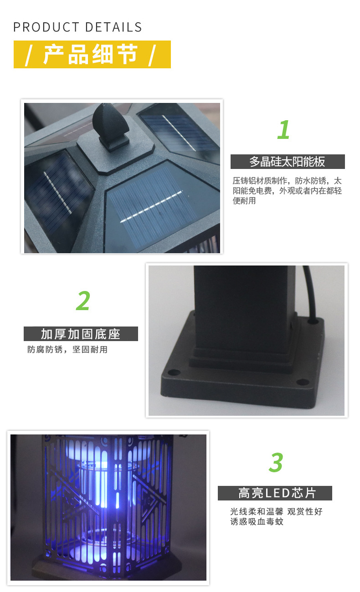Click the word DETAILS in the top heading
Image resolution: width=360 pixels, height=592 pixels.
coord(113,27)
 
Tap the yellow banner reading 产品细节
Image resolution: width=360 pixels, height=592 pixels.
coord(92,55)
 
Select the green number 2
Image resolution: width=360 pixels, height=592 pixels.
coord(83,301)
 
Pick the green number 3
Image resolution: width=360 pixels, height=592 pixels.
coord(276,463)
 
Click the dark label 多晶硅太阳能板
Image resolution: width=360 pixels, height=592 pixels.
coord(287,162)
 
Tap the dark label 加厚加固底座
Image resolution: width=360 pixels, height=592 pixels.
coord(81,334)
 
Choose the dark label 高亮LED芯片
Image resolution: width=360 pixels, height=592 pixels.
coord(275,493)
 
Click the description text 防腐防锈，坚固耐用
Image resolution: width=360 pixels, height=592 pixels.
coord(67,350)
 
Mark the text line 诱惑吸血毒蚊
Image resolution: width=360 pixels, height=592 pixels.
coord(257,521)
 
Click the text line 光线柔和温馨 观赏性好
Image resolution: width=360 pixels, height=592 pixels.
coord(276,511)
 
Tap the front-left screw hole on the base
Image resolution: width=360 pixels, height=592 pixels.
coord(172,373)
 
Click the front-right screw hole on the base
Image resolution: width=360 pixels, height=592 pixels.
coord(300,382)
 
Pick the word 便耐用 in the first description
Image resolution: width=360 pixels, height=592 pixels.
coord(244,201)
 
